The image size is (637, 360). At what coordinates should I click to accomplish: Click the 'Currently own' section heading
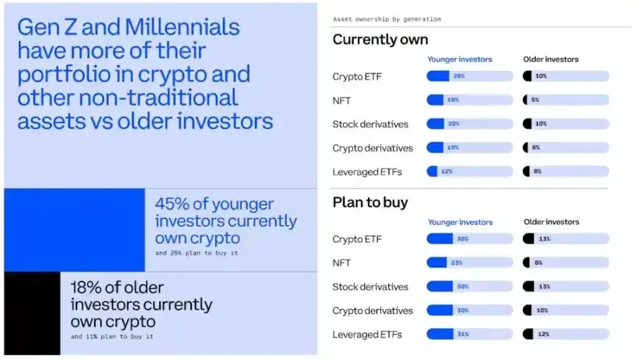pos(380,40)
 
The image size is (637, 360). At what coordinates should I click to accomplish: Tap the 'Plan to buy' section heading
pos(370,202)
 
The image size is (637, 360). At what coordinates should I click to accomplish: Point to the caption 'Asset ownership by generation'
pos(386,19)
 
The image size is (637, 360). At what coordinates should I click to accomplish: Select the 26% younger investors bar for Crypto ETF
pos(469,76)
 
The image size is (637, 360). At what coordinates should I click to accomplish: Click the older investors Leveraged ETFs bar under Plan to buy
pos(566,334)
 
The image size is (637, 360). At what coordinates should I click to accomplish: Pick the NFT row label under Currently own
pos(343,100)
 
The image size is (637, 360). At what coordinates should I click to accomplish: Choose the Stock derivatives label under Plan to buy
pos(370,287)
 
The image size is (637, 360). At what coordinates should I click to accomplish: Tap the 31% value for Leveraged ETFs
pos(462,334)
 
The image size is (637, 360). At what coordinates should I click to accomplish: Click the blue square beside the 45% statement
pos(74,230)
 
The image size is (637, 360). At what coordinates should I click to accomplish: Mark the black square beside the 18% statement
pos(32,313)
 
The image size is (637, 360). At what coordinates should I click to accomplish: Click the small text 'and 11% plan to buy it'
pos(112,337)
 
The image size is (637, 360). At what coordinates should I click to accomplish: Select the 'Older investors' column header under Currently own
pos(551,59)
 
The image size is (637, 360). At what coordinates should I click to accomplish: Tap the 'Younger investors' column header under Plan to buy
pos(460,222)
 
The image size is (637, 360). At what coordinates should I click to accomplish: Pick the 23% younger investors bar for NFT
pos(469,263)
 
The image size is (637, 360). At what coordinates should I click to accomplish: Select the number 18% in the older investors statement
pos(88,288)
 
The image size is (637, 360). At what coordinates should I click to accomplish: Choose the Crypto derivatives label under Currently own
pos(372,148)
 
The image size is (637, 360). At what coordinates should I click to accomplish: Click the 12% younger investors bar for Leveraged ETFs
pos(469,172)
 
